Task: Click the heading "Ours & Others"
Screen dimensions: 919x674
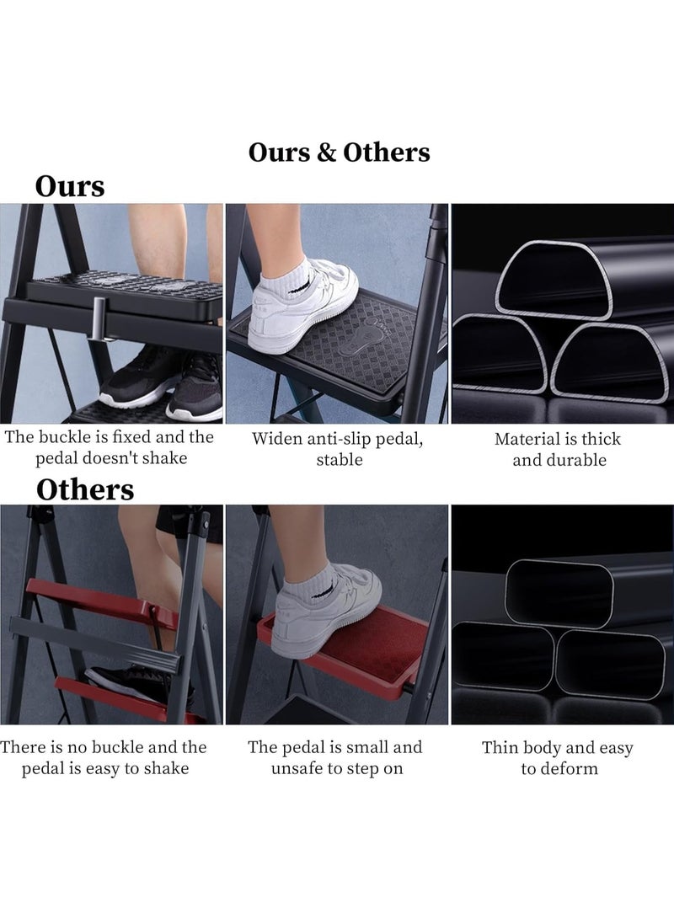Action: click(339, 152)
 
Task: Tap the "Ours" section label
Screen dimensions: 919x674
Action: click(70, 186)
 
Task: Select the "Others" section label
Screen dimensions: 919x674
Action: click(85, 489)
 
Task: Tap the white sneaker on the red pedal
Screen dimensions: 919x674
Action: click(329, 606)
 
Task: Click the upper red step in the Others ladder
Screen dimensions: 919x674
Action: click(101, 598)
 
